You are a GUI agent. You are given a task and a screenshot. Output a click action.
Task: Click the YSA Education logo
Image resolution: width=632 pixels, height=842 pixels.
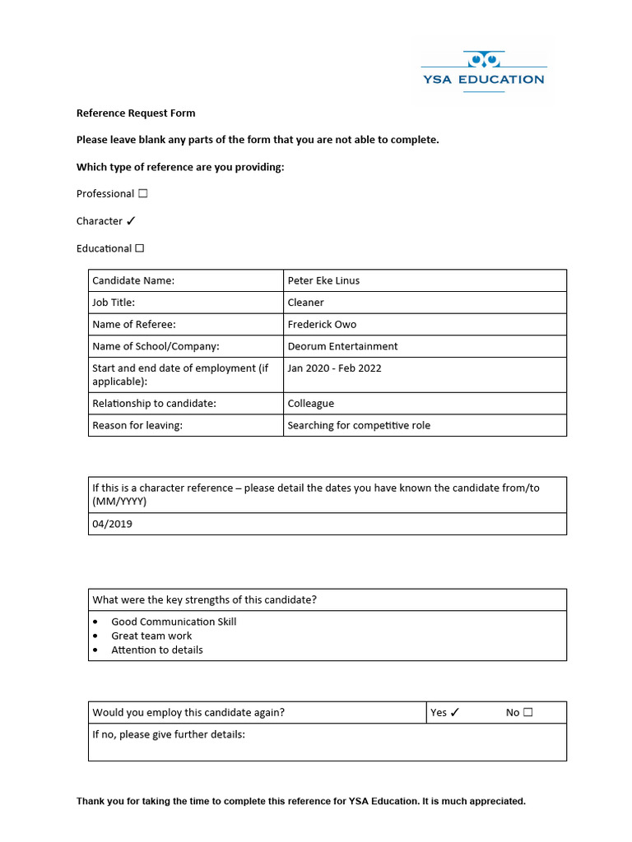click(x=482, y=71)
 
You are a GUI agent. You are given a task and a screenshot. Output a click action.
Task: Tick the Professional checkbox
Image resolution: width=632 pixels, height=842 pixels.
click(x=143, y=194)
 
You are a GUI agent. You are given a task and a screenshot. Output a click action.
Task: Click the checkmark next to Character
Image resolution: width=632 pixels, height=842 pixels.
click(x=131, y=221)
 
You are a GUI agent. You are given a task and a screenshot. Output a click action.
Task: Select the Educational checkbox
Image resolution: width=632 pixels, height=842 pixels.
click(x=140, y=248)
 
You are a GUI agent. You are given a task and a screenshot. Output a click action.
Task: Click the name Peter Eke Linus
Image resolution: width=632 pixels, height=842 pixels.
click(x=323, y=280)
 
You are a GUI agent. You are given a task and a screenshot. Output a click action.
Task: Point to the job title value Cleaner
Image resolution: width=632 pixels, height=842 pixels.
click(x=305, y=303)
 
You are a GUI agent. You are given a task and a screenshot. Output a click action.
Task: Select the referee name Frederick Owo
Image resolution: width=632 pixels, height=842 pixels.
click(x=322, y=324)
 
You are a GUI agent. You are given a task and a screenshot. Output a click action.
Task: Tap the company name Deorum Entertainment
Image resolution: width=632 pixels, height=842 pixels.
click(x=342, y=346)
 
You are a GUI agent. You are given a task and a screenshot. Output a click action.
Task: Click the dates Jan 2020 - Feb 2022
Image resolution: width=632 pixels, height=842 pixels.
click(x=334, y=368)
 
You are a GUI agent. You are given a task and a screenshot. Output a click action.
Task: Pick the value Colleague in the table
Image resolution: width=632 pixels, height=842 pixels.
click(x=310, y=404)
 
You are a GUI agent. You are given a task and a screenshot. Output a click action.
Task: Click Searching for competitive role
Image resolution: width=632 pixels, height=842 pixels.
click(x=359, y=425)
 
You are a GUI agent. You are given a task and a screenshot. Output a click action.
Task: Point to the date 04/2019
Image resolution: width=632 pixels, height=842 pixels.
click(x=112, y=524)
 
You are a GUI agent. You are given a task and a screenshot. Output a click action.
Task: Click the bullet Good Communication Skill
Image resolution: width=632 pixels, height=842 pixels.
click(x=174, y=622)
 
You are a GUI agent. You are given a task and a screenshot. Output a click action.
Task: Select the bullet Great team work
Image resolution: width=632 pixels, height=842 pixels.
click(x=151, y=636)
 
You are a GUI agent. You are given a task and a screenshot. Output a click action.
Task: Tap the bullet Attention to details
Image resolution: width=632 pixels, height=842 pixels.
click(x=157, y=650)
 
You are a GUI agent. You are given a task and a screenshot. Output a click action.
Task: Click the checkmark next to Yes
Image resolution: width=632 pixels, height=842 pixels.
click(x=455, y=713)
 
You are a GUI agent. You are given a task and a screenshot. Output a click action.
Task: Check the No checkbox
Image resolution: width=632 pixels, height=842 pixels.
click(x=527, y=713)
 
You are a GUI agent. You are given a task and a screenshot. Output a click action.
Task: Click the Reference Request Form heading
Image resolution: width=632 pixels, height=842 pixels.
click(x=136, y=113)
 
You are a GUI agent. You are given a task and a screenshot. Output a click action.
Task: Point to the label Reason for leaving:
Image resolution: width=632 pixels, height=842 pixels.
click(x=137, y=425)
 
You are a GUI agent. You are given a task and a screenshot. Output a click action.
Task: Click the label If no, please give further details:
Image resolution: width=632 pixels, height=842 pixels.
click(x=169, y=734)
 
